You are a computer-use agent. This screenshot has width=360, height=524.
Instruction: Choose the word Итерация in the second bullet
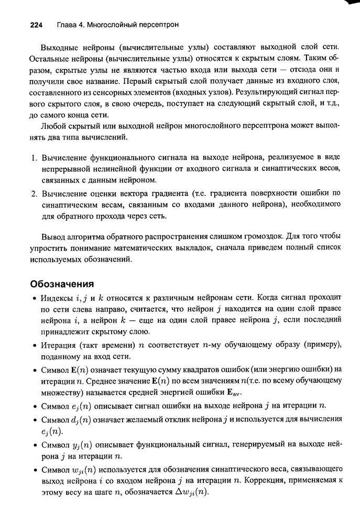tap(58, 344)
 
